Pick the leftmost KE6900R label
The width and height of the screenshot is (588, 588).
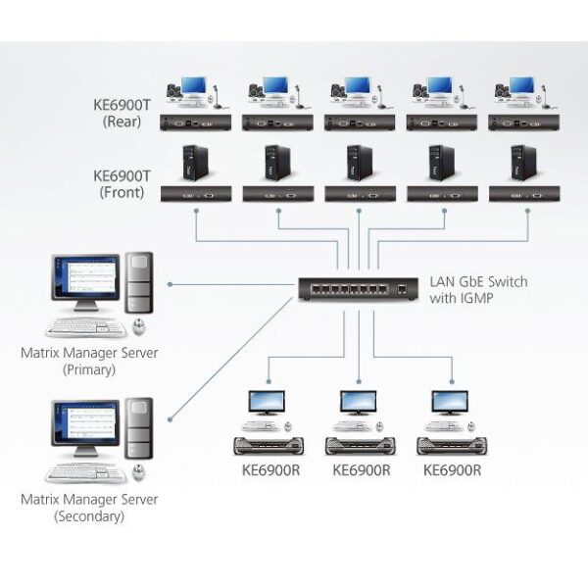[x=270, y=469]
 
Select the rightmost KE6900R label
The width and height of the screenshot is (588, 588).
[x=452, y=469]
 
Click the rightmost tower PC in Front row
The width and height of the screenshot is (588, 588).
[x=524, y=162]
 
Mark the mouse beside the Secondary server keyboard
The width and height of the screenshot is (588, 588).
[x=139, y=470]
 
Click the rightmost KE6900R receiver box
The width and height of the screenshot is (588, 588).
[x=452, y=446]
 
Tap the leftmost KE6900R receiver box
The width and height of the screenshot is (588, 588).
[x=270, y=446]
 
